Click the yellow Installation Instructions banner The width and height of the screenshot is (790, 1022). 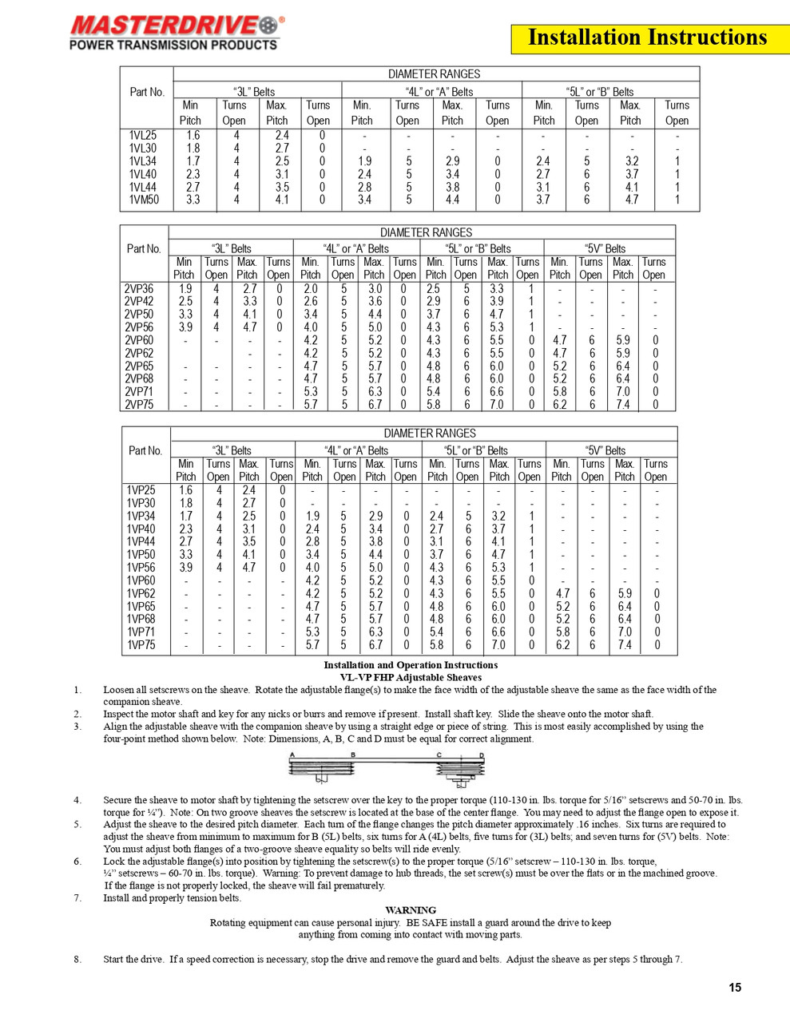[647, 38]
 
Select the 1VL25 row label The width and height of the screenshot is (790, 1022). [143, 136]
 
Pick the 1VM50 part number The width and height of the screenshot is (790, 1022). [144, 200]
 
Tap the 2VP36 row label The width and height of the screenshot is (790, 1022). [139, 289]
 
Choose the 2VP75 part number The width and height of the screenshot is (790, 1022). [139, 405]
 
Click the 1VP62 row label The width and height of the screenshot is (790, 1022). [141, 594]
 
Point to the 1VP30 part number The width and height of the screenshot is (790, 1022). [141, 504]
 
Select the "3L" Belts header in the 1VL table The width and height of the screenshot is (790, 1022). [254, 92]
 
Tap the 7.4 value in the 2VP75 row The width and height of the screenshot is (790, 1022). [623, 405]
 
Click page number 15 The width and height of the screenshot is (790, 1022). [735, 988]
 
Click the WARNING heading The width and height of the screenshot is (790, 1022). [411, 910]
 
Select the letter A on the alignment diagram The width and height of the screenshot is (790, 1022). [293, 755]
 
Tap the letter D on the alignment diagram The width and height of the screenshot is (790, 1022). [482, 755]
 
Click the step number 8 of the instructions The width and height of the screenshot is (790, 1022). [77, 960]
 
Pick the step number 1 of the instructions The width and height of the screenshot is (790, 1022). [77, 690]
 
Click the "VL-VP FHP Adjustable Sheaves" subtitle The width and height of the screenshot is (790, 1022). [411, 677]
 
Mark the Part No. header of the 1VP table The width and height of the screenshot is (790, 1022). [145, 451]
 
